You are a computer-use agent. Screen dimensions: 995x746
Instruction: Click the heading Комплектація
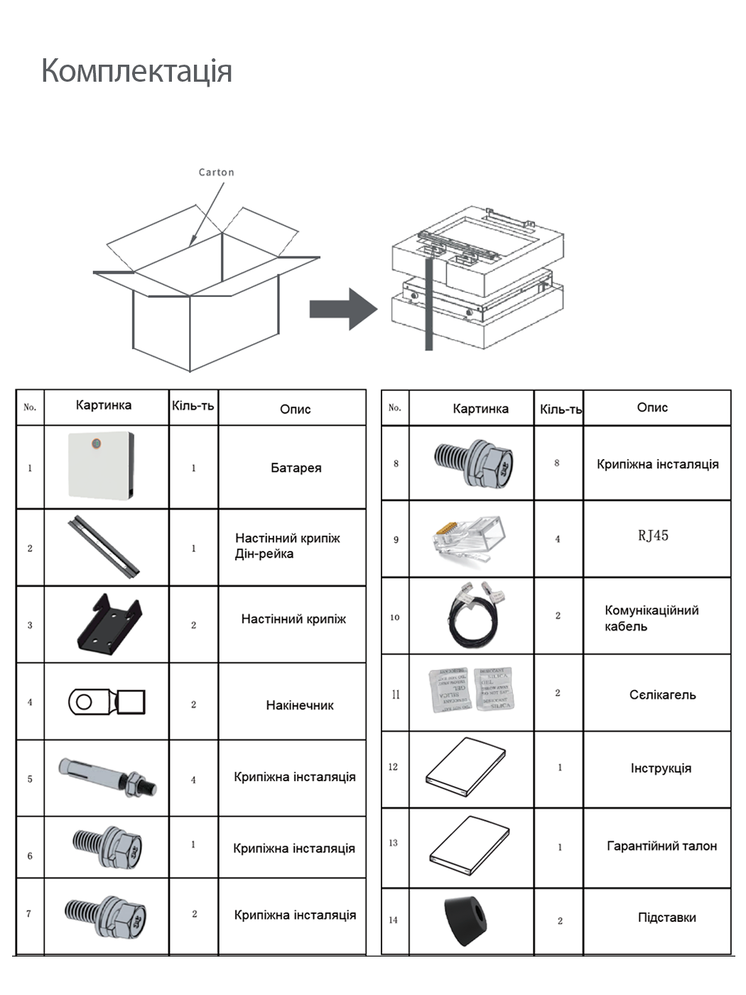click(x=136, y=71)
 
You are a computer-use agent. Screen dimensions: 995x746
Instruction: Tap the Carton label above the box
click(x=216, y=172)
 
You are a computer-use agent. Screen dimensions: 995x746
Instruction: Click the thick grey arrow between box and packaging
click(x=342, y=309)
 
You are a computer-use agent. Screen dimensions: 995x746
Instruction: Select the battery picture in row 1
click(x=101, y=466)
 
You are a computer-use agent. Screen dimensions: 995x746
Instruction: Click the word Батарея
click(x=296, y=468)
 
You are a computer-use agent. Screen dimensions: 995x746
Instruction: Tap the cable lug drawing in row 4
click(x=107, y=702)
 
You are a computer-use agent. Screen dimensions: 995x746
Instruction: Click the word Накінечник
click(x=299, y=705)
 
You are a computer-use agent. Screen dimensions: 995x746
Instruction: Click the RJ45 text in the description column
click(x=652, y=536)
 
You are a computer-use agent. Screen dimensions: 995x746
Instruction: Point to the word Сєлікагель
click(x=662, y=694)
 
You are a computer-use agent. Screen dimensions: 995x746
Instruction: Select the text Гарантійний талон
click(x=661, y=846)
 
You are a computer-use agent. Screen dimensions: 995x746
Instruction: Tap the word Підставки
click(x=666, y=918)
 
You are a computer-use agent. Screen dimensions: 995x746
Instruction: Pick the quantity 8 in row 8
click(x=557, y=463)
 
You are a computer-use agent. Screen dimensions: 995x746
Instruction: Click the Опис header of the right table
click(x=652, y=407)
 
